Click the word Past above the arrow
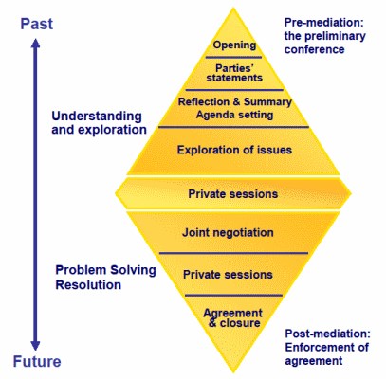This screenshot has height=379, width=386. tap(37, 24)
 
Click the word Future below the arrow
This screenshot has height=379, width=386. tap(37, 361)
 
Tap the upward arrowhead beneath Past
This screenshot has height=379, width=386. tap(35, 44)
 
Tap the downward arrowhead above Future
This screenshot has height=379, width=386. tap(35, 345)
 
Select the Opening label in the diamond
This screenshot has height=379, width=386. tap(234, 45)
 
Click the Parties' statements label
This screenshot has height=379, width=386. tap(234, 73)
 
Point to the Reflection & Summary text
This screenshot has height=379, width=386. tap(234, 101)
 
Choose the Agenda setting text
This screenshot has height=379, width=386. tap(234, 115)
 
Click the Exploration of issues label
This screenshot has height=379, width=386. tap(234, 150)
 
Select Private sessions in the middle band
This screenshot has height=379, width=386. tap(233, 193)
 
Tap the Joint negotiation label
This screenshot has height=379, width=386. tap(228, 233)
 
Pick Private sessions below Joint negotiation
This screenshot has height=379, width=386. tap(228, 274)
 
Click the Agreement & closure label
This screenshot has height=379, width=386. tap(233, 317)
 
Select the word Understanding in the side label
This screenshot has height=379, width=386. tap(97, 117)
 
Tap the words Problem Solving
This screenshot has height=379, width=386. tap(105, 270)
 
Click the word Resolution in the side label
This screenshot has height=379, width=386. tap(88, 284)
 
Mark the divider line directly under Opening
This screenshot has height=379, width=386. tap(233, 58)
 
